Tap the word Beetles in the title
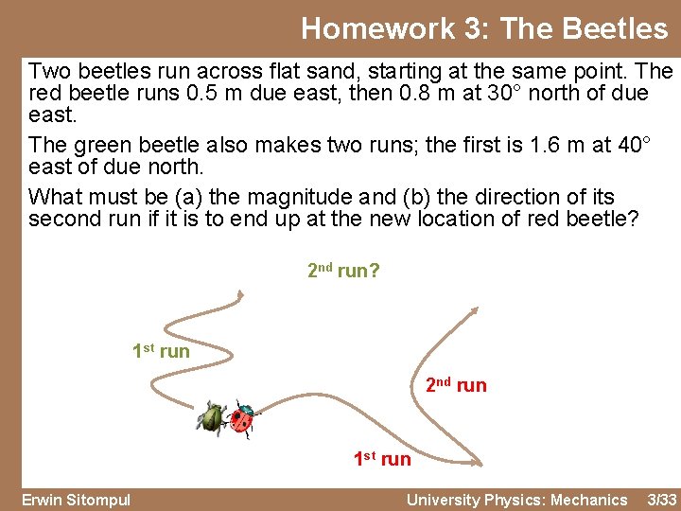pos(615,28)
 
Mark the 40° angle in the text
pos(630,145)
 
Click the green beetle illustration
pos(212,417)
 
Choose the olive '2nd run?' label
pos(343,272)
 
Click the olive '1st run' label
pos(160,352)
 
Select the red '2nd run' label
pos(456,385)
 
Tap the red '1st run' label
pos(382,459)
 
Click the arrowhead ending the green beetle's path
pos(241,294)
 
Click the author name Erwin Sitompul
pos(76,500)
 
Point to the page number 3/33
pos(661,500)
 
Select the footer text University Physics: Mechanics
pos(516,500)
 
